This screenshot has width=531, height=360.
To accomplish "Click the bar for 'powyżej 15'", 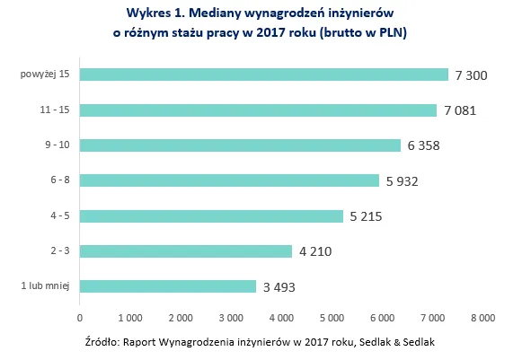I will pos(264,75).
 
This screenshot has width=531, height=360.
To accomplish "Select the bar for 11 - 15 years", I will pos(258,110).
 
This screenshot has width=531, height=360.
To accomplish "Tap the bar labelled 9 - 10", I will pos(240,145).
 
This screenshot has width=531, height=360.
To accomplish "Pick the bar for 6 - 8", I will pos(229,180).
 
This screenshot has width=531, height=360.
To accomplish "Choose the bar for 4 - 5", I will pos(211,216).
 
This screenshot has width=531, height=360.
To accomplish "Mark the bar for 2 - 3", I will pos(186,251).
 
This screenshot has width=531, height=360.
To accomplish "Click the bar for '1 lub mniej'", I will pos(168,286).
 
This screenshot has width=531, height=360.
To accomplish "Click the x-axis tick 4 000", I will pos(281,317).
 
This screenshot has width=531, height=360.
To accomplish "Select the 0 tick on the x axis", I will pos(80,317).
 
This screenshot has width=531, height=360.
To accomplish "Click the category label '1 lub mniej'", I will pos(45,286).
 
